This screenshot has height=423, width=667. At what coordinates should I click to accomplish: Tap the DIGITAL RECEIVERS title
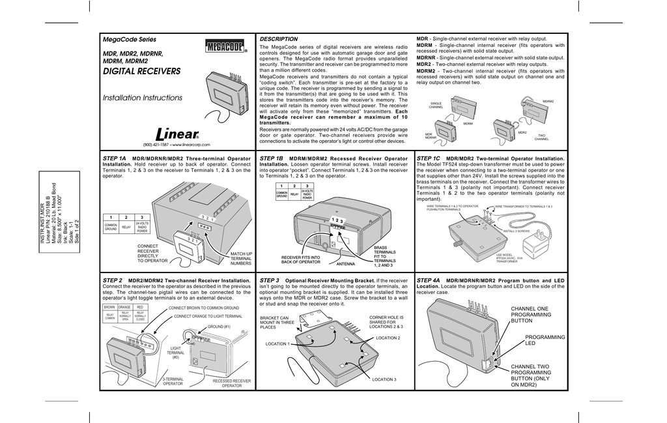coord(141,72)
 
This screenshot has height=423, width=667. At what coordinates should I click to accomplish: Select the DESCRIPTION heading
coord(278,39)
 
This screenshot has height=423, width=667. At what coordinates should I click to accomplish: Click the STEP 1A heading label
coord(114,158)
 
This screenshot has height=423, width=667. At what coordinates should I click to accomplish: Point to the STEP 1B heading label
coord(271,158)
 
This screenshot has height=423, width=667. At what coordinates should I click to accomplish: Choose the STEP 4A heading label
coord(428,280)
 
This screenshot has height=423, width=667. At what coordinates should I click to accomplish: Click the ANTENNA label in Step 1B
coord(345,265)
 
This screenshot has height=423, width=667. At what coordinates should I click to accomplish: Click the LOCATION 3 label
coord(384,379)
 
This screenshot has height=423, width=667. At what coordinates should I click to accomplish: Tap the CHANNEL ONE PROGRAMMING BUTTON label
coord(530,314)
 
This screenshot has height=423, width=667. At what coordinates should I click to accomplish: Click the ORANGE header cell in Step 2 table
coord(124,306)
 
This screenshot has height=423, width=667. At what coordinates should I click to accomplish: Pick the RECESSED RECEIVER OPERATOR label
coord(231,383)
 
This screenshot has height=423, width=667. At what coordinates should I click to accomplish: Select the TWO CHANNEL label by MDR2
coord(541,137)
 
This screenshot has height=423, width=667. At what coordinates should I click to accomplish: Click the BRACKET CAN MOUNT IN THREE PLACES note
coord(277,322)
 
